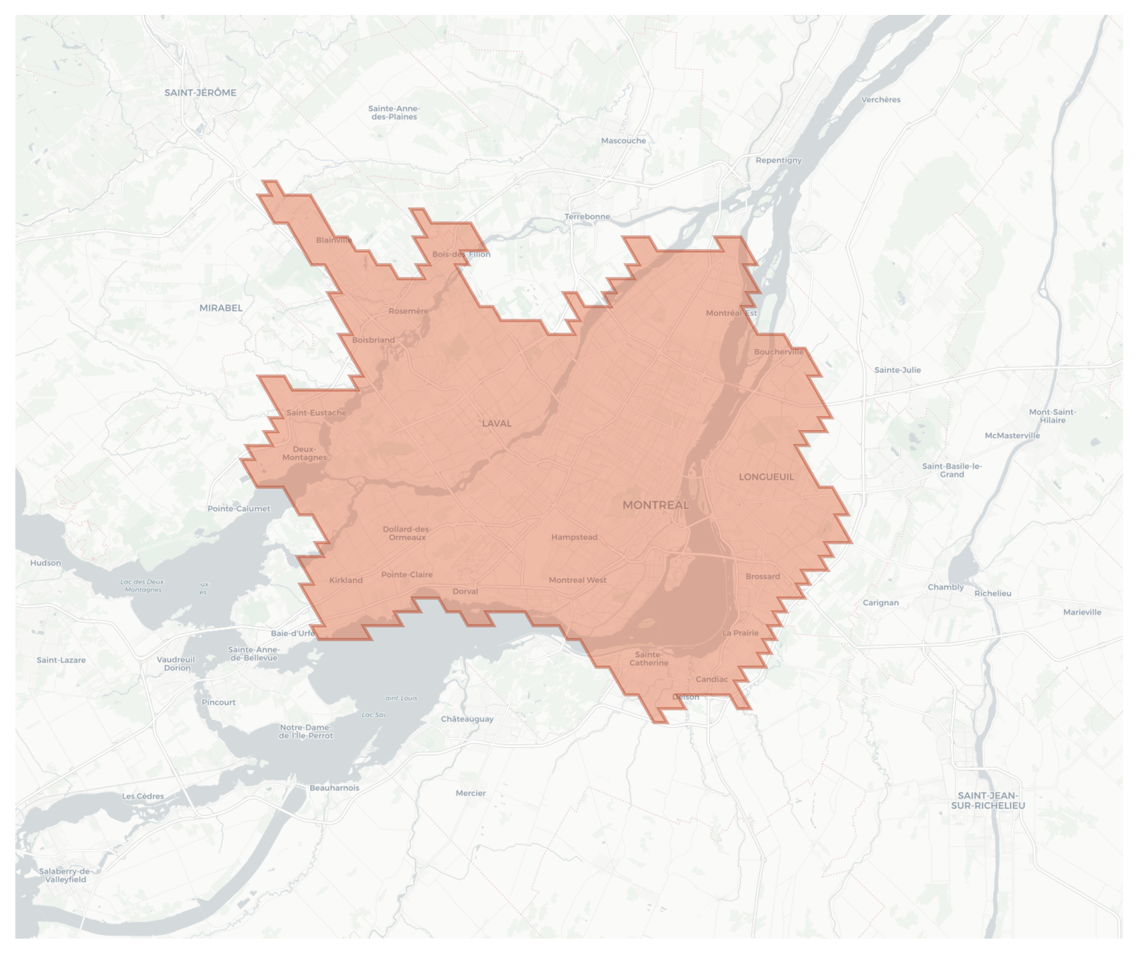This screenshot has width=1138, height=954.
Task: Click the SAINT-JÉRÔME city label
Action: [x=200, y=93]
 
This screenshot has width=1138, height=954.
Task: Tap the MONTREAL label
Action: [x=656, y=505]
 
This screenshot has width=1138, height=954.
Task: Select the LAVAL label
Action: [x=496, y=423]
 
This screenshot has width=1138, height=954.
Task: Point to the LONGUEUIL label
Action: [x=766, y=477]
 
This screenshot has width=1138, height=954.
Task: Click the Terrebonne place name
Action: [x=587, y=217]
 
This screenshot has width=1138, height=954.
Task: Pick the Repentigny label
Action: [x=778, y=160]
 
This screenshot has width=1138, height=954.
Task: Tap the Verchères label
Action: [x=881, y=100]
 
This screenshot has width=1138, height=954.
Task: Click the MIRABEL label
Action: [x=221, y=308]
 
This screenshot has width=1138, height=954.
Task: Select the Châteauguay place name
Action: [x=467, y=719]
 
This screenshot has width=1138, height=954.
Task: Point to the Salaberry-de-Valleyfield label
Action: [x=65, y=875]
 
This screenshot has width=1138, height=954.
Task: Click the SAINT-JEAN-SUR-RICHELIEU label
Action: [x=988, y=801]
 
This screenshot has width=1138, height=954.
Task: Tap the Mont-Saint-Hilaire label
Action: [x=1052, y=416]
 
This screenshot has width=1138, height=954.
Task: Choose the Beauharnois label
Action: [x=334, y=788]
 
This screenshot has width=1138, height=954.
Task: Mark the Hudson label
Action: [x=46, y=563]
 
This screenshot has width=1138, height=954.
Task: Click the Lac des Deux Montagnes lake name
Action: [x=143, y=586]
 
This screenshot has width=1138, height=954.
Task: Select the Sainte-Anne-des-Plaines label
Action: [x=394, y=113]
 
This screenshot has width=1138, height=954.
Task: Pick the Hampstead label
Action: [x=574, y=537]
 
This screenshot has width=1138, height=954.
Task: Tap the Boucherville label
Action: [x=778, y=352]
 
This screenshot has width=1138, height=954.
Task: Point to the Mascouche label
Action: [x=623, y=141]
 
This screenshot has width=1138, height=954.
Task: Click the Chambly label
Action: [x=946, y=588]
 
